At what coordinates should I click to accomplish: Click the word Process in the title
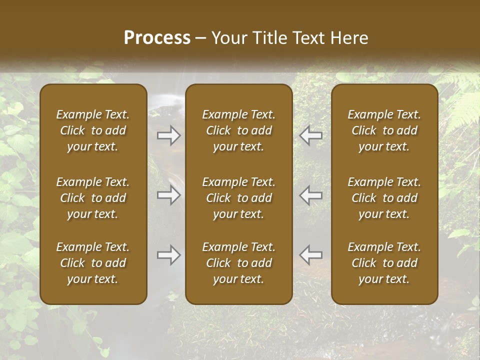[157, 38]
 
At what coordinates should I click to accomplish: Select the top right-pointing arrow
[169, 135]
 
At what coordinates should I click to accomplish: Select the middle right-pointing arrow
[169, 195]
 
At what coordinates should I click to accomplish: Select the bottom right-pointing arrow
[169, 255]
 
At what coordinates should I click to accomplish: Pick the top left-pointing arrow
[311, 135]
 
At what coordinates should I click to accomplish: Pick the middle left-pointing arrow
[311, 195]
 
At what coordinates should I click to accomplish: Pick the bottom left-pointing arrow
[311, 255]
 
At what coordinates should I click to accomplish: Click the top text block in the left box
[93, 130]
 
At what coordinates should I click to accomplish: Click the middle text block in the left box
[93, 198]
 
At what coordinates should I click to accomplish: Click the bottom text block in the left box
[93, 263]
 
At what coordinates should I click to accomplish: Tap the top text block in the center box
[239, 130]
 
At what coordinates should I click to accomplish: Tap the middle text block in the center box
[239, 198]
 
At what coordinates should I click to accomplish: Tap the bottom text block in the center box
[239, 263]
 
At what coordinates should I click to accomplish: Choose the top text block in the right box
[384, 130]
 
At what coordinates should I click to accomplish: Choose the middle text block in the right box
[384, 198]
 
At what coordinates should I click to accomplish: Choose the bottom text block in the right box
[384, 263]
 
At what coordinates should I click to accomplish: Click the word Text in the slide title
[309, 38]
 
